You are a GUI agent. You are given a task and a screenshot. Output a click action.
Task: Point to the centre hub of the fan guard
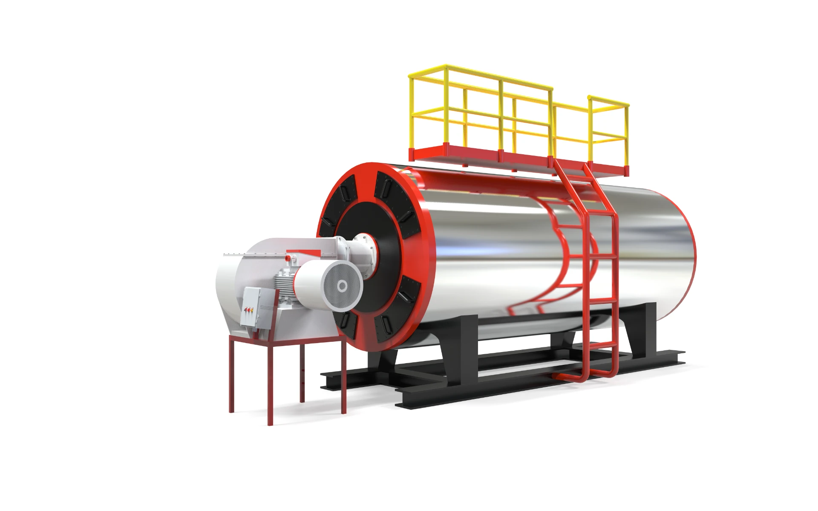pos(342,286)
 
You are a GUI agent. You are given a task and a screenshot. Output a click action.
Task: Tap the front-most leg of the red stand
pos(270,384)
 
